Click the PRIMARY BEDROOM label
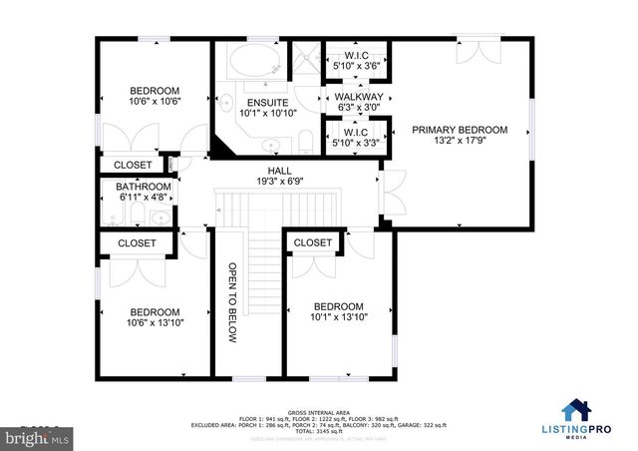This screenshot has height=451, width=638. coord(460,130)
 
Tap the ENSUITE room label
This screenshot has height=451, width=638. coord(268,103)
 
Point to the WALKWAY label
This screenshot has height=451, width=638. coord(358,96)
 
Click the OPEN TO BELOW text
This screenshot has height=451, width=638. coord(231,303)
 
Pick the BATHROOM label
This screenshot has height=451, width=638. coord(144,187)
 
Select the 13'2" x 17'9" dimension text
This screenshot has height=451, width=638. coord(460,143)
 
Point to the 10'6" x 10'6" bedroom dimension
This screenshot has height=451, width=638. coord(154,101)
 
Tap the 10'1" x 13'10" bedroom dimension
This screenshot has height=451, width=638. coord(339,319)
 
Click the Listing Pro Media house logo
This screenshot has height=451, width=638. coord(574,410)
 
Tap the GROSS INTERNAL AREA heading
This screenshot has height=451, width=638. coord(319,410)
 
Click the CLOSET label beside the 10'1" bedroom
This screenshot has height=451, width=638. coord(313,242)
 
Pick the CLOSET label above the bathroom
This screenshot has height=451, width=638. coord(133,165)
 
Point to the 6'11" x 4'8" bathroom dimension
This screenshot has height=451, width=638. coord(144,198)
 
